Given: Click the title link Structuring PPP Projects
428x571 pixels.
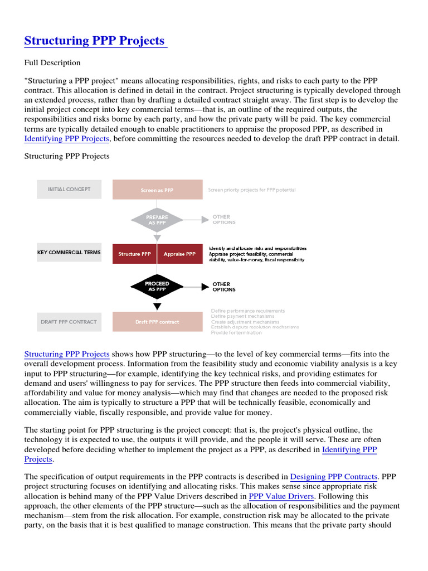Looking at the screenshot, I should (x=95, y=41).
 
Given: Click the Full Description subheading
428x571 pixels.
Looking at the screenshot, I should (x=52, y=62).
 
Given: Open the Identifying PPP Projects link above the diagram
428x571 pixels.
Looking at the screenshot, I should (x=67, y=139).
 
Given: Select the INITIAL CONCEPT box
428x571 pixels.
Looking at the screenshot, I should (x=69, y=190).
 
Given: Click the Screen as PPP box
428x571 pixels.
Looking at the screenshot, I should (x=157, y=190).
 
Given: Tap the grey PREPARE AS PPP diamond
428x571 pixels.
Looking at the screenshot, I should (x=157, y=220).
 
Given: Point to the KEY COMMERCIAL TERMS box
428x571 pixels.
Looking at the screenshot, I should (x=69, y=253).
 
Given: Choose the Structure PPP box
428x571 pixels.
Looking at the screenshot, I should (x=134, y=254).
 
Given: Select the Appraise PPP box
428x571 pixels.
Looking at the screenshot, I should (x=179, y=254).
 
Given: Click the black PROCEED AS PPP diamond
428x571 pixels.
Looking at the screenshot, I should (x=157, y=287).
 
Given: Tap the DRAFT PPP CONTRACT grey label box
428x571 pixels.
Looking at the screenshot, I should (x=69, y=322).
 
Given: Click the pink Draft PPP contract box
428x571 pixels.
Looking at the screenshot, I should (x=157, y=322).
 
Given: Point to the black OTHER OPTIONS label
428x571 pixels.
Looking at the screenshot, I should (x=224, y=287).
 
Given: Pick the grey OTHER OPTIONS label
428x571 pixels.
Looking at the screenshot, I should (x=224, y=220).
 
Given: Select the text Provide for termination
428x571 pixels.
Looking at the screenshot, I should (x=236, y=333).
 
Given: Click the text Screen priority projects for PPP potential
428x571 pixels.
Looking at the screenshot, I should (x=252, y=190).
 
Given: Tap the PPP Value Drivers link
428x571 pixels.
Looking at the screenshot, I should (x=281, y=496).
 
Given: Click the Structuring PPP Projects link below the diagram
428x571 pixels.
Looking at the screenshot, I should (x=67, y=354).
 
